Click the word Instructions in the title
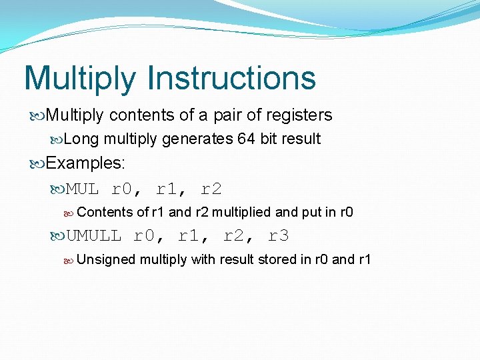[x=231, y=78]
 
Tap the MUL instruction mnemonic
[x=83, y=189]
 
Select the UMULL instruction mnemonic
[x=94, y=235]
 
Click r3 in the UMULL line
[x=279, y=235]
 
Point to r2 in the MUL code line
[x=211, y=189]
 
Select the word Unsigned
[x=107, y=259]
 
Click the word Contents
[x=105, y=213]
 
